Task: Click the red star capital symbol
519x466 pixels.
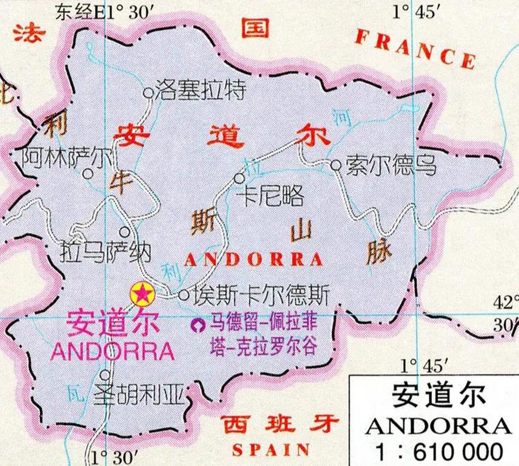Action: tap(143, 293)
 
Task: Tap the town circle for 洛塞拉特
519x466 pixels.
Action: tap(148, 93)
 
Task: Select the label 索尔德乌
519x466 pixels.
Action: tap(391, 166)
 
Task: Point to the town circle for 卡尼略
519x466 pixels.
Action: tap(239, 178)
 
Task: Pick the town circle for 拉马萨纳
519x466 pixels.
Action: tap(124, 231)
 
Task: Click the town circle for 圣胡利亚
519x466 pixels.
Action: tap(105, 374)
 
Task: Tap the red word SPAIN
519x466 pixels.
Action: tap(271, 450)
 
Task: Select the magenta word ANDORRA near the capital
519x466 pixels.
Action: tap(112, 351)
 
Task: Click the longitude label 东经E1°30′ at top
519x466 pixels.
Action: tap(102, 12)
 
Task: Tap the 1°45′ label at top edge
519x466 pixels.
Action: tap(414, 12)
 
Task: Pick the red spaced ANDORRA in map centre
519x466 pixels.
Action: tap(254, 260)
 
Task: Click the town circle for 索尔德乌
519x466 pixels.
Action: tap(336, 166)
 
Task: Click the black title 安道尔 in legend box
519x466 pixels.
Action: tap(439, 395)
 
